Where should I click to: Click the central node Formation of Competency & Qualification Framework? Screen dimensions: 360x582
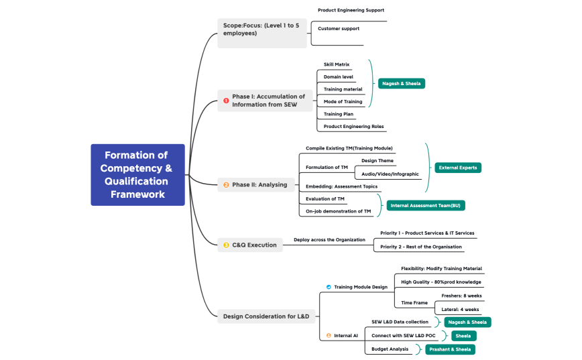tap(137, 174)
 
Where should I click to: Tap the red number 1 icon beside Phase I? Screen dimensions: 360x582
tap(226, 101)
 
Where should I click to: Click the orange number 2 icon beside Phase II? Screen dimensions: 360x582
tap(226, 185)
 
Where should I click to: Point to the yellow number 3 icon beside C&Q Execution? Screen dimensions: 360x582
tap(226, 245)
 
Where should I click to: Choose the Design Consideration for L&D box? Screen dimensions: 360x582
tap(266, 316)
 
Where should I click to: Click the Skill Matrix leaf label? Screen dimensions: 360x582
tap(337, 64)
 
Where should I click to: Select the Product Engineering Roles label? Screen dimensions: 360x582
tap(354, 126)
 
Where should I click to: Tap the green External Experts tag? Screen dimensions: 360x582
tap(458, 168)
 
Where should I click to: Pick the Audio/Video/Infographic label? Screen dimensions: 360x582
tap(390, 174)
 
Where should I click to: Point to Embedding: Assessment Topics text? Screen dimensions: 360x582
tap(341, 186)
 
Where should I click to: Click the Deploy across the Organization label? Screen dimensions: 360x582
tap(329, 239)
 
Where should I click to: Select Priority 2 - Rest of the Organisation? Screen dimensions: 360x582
tap(421, 247)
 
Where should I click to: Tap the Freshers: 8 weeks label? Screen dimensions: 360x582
tap(461, 296)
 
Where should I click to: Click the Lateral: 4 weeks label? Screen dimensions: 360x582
tap(460, 310)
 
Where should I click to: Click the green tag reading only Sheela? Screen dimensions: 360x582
tap(463, 336)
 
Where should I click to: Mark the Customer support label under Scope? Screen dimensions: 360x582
tap(339, 29)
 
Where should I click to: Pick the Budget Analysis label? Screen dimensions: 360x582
tap(390, 349)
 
